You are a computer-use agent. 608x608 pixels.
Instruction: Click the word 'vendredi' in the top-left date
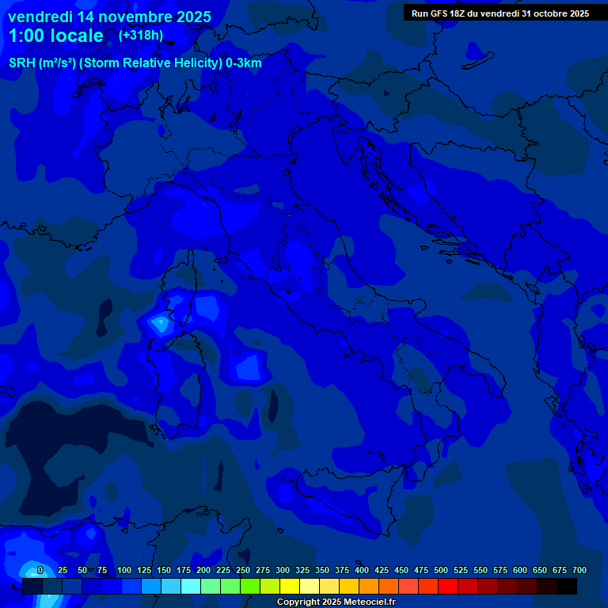tap(42, 17)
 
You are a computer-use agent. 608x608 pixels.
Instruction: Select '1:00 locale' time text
tap(55, 36)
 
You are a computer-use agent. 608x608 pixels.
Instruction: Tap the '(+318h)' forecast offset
tap(141, 36)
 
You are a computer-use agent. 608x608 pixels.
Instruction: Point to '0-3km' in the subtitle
tap(243, 63)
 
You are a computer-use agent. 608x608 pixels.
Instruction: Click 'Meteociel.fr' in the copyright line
tap(370, 602)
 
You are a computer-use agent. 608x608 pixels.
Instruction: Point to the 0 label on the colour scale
tap(40, 571)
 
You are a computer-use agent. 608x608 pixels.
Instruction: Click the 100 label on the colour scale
tap(123, 571)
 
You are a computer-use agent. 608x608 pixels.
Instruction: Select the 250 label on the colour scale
tap(242, 571)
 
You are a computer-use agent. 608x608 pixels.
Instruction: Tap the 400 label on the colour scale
tap(362, 571)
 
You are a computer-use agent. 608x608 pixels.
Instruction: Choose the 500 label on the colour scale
tap(441, 571)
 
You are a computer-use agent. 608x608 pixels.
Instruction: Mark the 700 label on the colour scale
tap(579, 571)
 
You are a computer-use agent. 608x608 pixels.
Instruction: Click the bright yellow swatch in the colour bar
tap(290, 587)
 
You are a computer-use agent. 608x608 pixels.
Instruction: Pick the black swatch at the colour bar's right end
tap(567, 587)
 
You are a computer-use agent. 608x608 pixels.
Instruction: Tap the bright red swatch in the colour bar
tap(448, 587)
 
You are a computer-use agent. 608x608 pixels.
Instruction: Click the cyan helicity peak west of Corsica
tap(161, 323)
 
